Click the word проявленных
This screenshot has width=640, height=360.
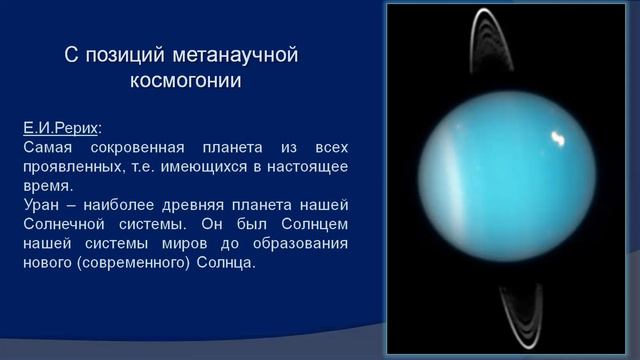pos(71,167)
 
